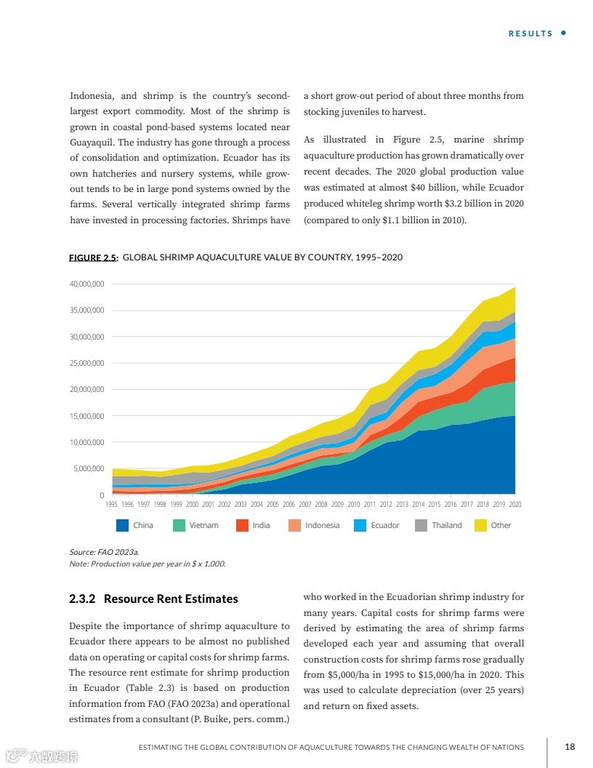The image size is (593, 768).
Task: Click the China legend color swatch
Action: click(122, 525)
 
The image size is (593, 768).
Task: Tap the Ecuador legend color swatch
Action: click(360, 525)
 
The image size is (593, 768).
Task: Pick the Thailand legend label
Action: click(446, 525)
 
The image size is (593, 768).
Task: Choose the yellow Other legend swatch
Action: click(480, 525)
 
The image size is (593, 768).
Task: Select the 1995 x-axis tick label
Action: click(112, 504)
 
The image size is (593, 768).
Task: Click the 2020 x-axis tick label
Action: click(515, 504)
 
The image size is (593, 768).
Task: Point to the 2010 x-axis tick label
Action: click(354, 504)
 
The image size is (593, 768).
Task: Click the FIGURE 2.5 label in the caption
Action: click(93, 258)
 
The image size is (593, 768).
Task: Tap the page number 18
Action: click(570, 747)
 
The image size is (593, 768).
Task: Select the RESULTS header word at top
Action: click(530, 33)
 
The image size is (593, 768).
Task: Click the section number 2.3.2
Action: click(82, 599)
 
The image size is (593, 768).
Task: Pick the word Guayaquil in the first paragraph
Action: click(95, 143)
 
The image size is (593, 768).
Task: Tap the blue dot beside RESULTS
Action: click(564, 33)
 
